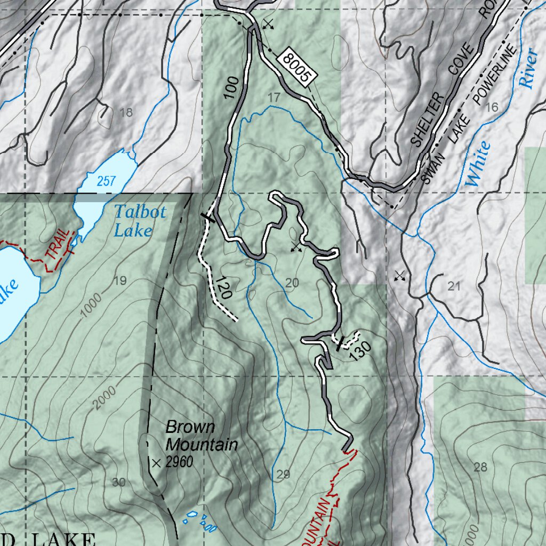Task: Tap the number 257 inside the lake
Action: (106, 181)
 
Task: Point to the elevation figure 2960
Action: (179, 463)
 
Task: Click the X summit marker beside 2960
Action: (156, 464)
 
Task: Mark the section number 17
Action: (274, 98)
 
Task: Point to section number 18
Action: (126, 113)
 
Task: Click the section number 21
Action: (454, 287)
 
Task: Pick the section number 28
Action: (480, 468)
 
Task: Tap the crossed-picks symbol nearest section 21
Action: (399, 276)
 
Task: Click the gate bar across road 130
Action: (339, 344)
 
